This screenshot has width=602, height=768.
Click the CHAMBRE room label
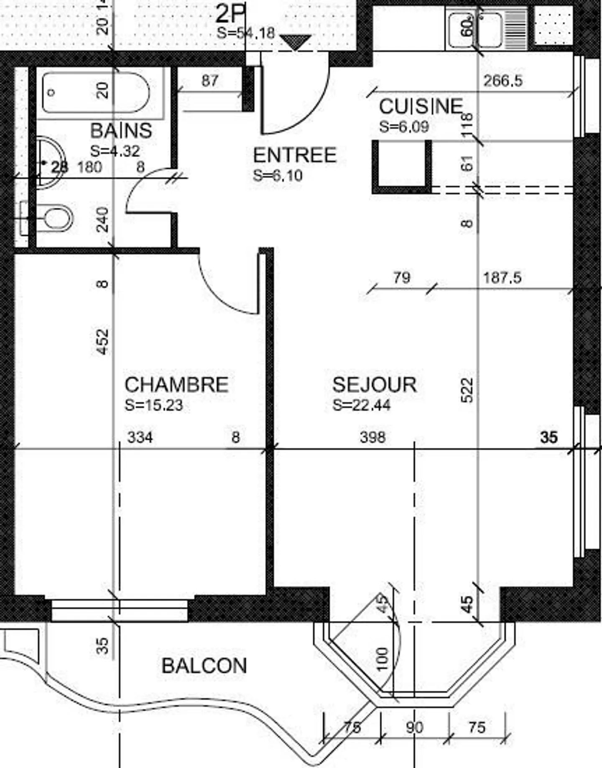point(176,385)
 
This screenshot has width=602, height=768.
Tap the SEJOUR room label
point(374,385)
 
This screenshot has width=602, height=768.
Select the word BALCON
point(204,666)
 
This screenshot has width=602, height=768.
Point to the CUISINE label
point(421,107)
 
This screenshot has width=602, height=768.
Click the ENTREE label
point(295,155)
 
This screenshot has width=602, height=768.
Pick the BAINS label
point(121,131)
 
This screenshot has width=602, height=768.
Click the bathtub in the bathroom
point(95,93)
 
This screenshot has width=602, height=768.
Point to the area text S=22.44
point(362,405)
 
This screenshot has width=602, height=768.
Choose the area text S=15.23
point(154,405)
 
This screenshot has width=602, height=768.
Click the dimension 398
point(372,437)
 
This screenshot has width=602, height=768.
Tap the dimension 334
point(140,437)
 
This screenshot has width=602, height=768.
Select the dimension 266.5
point(503,81)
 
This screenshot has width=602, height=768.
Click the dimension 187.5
point(502,278)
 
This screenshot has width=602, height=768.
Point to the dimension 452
point(102,342)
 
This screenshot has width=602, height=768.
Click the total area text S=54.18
point(246,33)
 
